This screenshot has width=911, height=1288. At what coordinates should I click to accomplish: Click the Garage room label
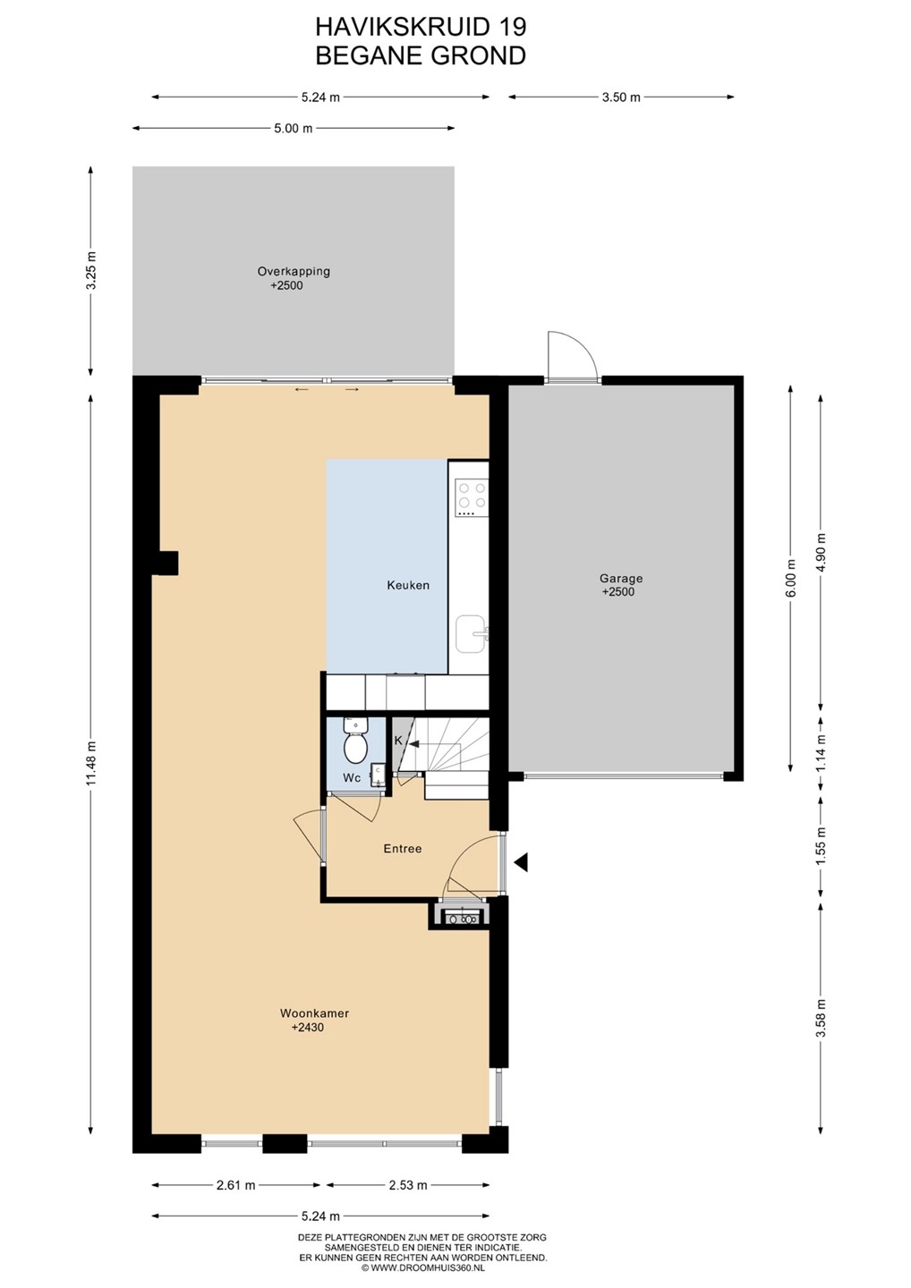[620, 579]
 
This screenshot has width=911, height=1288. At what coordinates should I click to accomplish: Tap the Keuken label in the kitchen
[408, 585]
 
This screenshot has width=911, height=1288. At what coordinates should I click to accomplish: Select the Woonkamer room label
[314, 1013]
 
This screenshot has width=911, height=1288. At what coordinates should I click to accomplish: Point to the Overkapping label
[294, 271]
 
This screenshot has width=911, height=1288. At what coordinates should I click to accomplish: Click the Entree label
[403, 848]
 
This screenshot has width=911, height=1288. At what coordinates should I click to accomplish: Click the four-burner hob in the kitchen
[472, 498]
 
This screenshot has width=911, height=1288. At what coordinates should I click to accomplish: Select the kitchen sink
[472, 634]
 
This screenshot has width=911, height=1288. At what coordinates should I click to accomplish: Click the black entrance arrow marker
[521, 861]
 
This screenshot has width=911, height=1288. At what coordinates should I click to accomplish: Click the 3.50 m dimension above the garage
[621, 97]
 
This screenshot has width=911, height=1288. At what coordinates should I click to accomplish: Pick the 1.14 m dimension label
[821, 753]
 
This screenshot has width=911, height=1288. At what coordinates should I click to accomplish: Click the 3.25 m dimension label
[92, 271]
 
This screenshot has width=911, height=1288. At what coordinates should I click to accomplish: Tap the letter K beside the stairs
[398, 741]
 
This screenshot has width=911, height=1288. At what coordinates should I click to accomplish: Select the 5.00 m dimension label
[294, 128]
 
